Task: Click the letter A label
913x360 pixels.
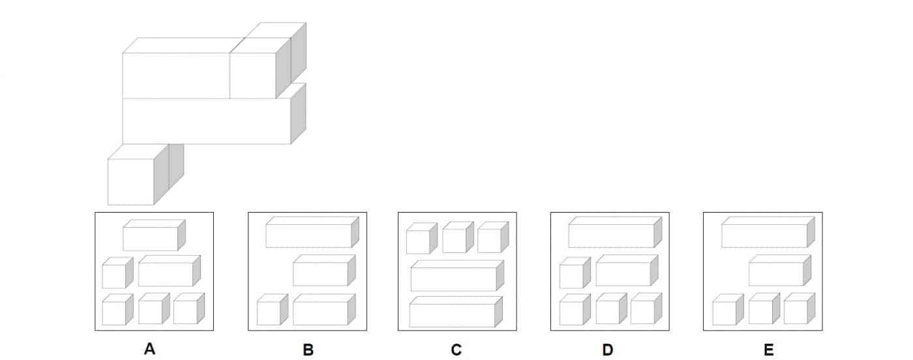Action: pos(149,349)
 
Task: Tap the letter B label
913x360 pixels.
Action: pos(308,350)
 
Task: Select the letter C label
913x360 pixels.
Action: pos(456,350)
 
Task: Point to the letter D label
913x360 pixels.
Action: pos(607,350)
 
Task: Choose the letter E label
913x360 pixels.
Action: pos(768,350)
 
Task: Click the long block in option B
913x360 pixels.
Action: pos(312,232)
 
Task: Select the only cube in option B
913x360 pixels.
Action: pos(273,310)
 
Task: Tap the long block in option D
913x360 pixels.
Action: pos(615,232)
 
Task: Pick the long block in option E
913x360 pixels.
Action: pos(768,232)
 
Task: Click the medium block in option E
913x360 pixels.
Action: pos(780,271)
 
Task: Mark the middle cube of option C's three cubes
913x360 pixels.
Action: pos(458,237)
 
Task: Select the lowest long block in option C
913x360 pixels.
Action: pos(456,312)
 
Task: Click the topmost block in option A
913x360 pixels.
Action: pos(154,235)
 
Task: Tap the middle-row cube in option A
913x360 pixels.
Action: pos(118,273)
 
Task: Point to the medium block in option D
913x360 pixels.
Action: pos(627,271)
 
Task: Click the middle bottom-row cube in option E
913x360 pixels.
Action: pos(764,309)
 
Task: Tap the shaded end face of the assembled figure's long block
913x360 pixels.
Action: pos(299,113)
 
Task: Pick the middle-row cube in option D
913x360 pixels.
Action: pos(575,273)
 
